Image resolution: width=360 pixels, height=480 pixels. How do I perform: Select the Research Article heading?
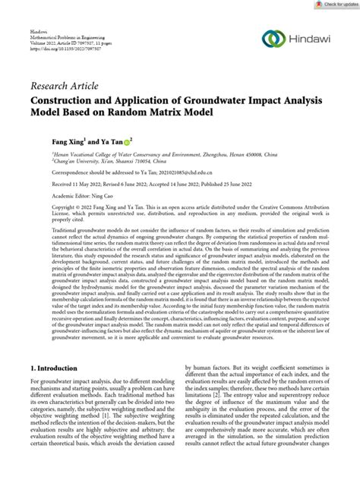65,84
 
